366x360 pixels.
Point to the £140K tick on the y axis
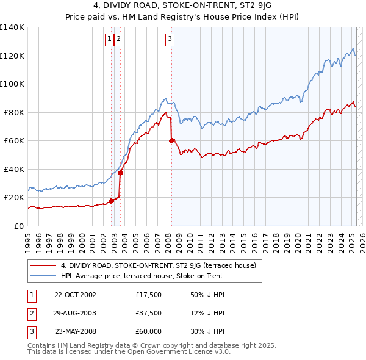tap(13, 27)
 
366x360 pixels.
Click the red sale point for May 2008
tap(171, 141)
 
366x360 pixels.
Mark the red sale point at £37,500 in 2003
tap(121, 173)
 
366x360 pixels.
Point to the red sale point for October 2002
tap(112, 201)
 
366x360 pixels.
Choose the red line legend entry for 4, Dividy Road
tap(161, 265)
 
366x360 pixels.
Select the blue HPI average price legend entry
tap(142, 276)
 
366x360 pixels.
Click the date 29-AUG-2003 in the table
tap(75, 313)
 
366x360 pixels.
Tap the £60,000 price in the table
tap(149, 331)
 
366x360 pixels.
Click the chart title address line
tap(182, 8)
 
